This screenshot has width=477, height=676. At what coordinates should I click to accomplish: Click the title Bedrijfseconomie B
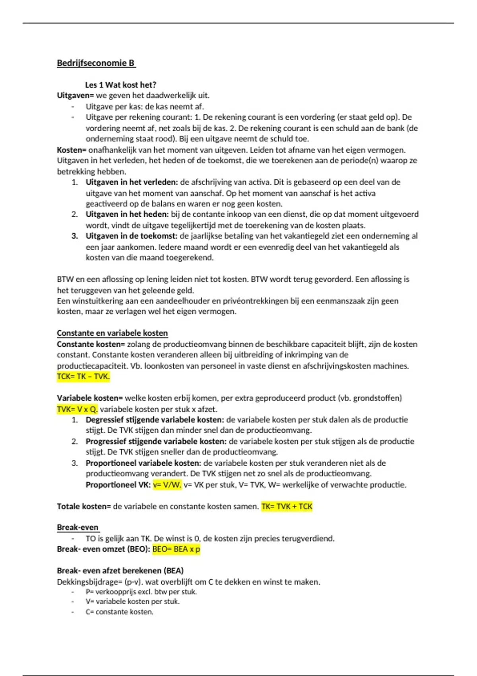(x=96, y=63)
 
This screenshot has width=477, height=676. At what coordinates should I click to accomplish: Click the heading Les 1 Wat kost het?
(x=120, y=85)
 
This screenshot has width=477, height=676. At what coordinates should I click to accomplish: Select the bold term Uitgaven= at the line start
(x=75, y=95)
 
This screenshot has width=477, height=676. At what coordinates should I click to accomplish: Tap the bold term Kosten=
(x=72, y=150)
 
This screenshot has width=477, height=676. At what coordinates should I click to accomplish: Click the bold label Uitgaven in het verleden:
(x=132, y=182)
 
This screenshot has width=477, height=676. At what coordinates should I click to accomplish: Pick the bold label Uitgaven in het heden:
(x=127, y=214)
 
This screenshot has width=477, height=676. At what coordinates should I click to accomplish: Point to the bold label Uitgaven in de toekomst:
(x=132, y=236)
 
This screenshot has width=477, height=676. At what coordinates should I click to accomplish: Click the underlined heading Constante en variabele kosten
(x=112, y=333)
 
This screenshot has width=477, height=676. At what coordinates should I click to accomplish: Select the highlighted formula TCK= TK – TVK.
(x=83, y=377)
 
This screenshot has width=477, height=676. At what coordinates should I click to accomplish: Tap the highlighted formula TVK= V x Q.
(x=77, y=409)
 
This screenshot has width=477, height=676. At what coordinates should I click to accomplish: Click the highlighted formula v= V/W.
(x=167, y=485)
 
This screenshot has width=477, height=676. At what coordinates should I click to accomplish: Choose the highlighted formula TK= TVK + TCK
(x=287, y=507)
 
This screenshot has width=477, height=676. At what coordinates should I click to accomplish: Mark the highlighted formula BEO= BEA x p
(x=176, y=549)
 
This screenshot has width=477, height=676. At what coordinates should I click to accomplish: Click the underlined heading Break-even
(x=78, y=527)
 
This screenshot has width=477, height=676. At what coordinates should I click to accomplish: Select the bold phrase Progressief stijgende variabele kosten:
(x=156, y=441)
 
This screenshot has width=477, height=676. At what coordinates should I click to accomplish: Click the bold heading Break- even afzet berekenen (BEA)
(x=120, y=571)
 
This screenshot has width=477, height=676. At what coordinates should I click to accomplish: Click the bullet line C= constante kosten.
(x=119, y=612)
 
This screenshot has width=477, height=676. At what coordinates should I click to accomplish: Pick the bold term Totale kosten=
(x=84, y=507)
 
